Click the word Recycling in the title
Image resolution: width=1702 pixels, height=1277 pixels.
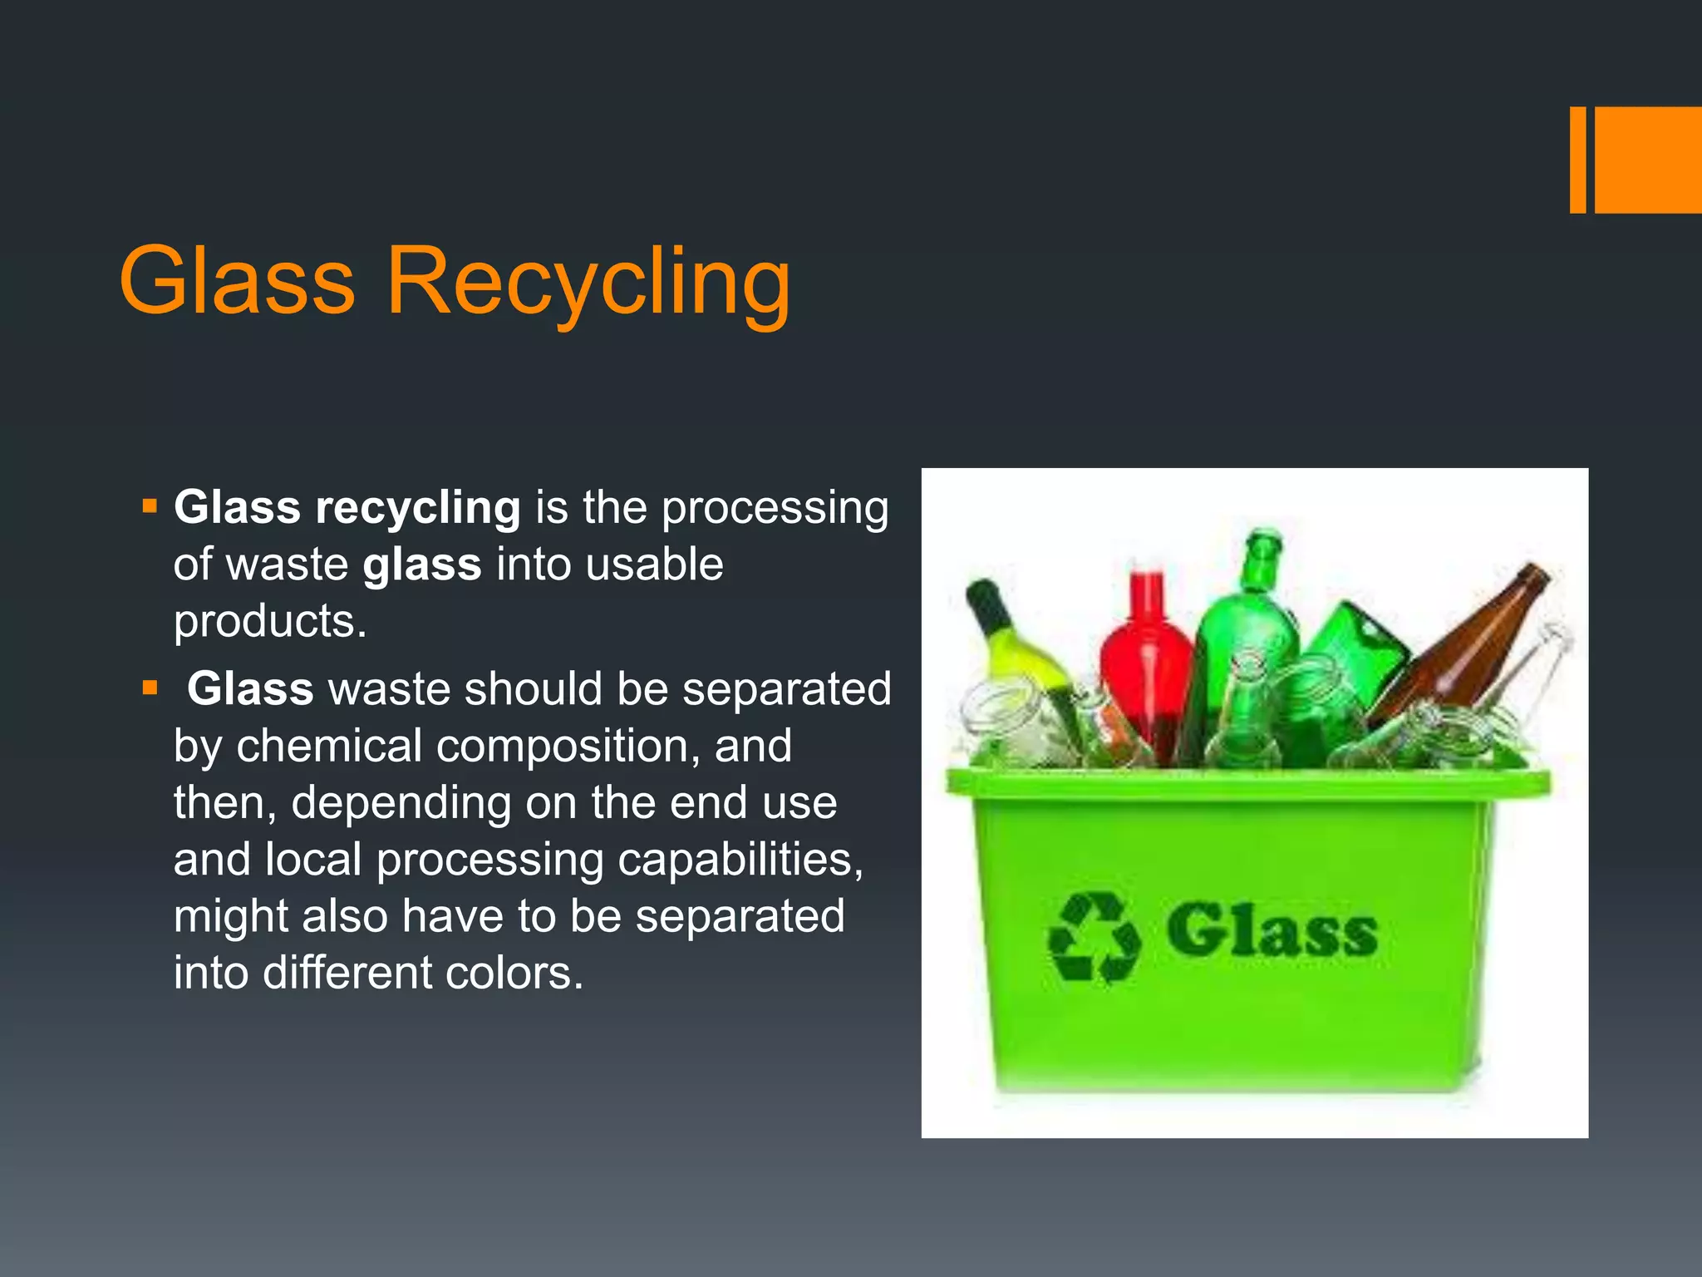[588, 283]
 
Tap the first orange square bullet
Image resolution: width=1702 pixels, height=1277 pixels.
[150, 505]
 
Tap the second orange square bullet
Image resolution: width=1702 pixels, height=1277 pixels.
[150, 688]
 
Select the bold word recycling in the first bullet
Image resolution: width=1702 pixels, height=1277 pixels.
[417, 508]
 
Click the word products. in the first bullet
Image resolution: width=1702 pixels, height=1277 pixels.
[270, 621]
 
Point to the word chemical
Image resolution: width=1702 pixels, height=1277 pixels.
[329, 746]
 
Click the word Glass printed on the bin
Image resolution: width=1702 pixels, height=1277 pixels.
[1272, 930]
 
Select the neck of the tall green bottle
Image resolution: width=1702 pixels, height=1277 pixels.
[1261, 562]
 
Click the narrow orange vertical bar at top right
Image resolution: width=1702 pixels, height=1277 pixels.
[1577, 160]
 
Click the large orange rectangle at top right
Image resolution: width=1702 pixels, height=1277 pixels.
[1648, 160]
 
